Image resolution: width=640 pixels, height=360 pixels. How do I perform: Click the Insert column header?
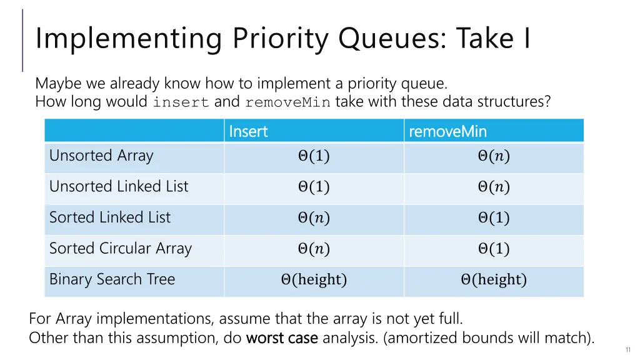[x=248, y=131]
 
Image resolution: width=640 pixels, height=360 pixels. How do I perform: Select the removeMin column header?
[x=447, y=131]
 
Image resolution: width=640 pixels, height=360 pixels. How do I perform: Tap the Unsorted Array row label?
[x=101, y=156]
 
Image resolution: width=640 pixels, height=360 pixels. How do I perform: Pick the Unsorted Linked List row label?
[x=119, y=186]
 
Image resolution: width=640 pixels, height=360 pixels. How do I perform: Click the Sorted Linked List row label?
[x=110, y=217]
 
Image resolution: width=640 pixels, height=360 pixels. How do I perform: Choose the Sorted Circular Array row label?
[x=121, y=248]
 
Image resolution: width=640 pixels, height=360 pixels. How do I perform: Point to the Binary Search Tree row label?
[x=112, y=279]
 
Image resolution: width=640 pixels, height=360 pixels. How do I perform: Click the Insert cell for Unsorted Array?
[x=314, y=156]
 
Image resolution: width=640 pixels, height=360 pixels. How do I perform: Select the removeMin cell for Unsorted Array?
[x=494, y=156]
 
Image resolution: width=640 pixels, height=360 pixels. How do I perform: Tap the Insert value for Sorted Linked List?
[x=314, y=218]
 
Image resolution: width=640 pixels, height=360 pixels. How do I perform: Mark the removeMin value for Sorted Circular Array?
[x=494, y=249]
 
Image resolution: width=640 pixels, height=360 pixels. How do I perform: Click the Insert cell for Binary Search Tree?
[x=314, y=280]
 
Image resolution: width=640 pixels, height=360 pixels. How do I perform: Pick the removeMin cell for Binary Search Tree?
[x=494, y=280]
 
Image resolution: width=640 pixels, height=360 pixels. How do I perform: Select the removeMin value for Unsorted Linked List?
[x=494, y=187]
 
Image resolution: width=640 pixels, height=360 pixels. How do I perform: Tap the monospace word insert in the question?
[x=181, y=102]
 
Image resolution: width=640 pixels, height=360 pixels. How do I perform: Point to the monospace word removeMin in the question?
[x=287, y=102]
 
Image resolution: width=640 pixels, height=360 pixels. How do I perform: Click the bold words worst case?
[x=282, y=338]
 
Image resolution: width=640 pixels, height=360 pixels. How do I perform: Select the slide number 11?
[x=627, y=350]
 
